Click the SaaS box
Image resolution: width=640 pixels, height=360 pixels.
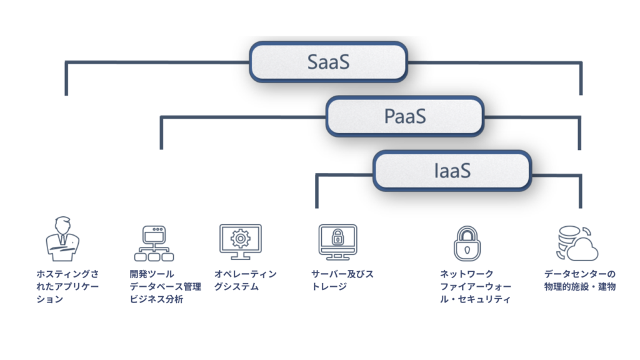tap(328, 62)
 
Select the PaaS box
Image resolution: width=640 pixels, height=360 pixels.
tap(404, 116)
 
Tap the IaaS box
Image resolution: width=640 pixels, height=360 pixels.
tap(452, 170)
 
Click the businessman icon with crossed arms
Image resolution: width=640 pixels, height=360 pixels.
tap(62, 238)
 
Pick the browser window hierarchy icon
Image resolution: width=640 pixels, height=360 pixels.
tap(152, 243)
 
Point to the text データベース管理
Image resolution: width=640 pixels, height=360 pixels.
tap(166, 286)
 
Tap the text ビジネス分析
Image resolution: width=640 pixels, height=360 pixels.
tap(156, 299)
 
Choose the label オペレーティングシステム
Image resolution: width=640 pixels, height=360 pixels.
tap(245, 280)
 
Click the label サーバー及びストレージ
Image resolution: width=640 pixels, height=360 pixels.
tap(342, 280)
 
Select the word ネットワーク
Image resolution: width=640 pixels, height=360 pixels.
tap(467, 274)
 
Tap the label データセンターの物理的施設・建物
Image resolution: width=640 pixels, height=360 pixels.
tap(579, 280)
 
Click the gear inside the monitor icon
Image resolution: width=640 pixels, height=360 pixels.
tap(239, 238)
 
